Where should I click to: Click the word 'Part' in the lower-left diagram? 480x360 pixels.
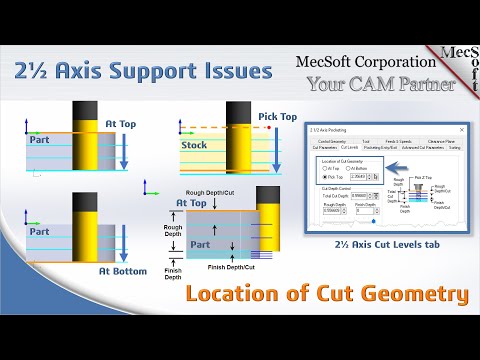pos(39,203)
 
